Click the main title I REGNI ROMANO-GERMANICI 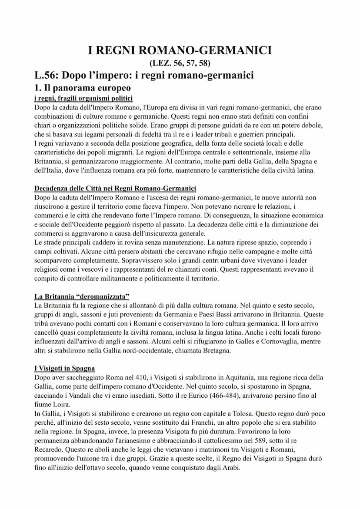180,50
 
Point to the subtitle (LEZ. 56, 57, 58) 180,63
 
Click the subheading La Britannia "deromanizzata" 82,296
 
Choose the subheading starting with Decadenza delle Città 115,188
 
